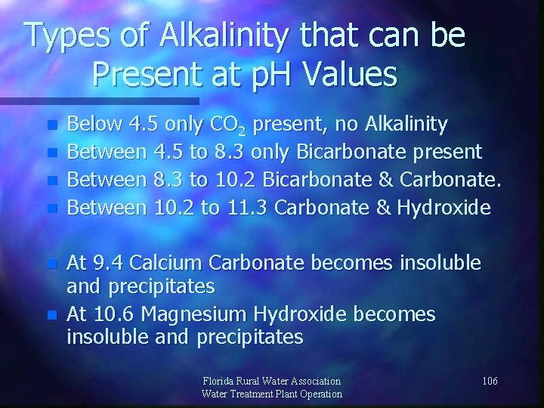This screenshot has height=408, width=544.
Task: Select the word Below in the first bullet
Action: (x=94, y=124)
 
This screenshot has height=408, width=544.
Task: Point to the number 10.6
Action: (x=117, y=313)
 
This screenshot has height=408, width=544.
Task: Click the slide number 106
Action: (x=489, y=381)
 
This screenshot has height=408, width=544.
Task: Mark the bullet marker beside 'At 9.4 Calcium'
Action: (x=52, y=264)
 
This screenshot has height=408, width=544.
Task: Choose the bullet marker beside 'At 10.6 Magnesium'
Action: (x=52, y=314)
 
